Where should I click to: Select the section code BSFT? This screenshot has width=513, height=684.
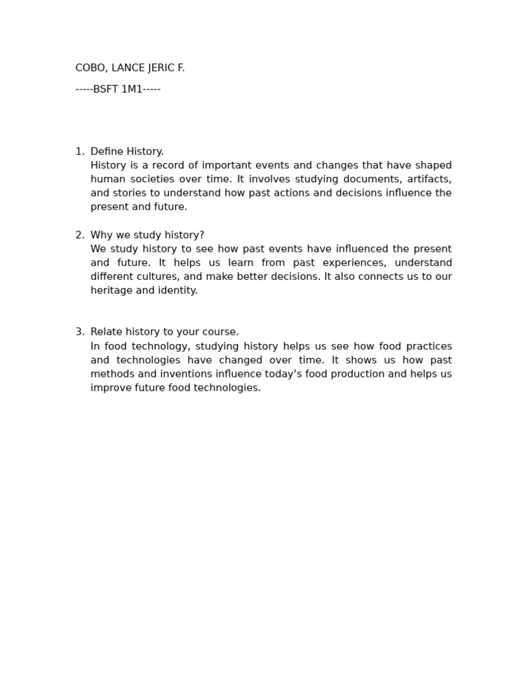106,90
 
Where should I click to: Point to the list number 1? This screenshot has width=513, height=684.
79,152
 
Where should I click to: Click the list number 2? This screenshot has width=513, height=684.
79,235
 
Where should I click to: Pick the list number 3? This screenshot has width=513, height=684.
79,332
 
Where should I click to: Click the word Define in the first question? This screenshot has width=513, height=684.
107,152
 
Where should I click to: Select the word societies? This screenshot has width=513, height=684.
150,179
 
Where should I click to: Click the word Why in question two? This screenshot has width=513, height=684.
101,235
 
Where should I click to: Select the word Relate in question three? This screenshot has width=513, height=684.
107,332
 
